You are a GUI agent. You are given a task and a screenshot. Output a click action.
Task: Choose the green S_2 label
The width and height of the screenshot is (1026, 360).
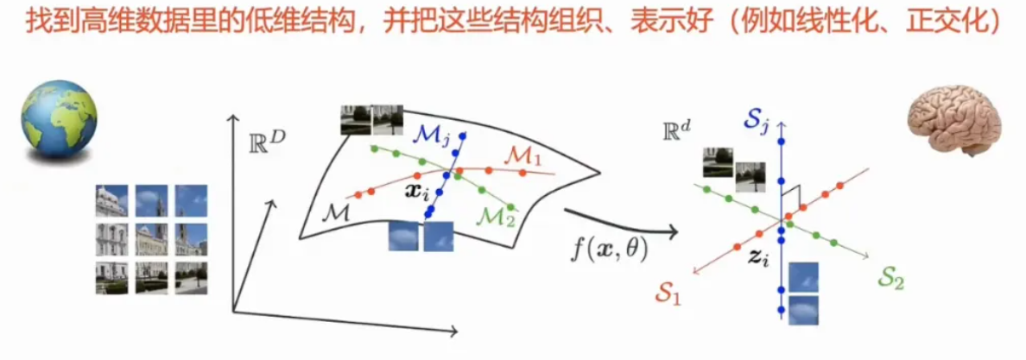pyautogui.click(x=893, y=281)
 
